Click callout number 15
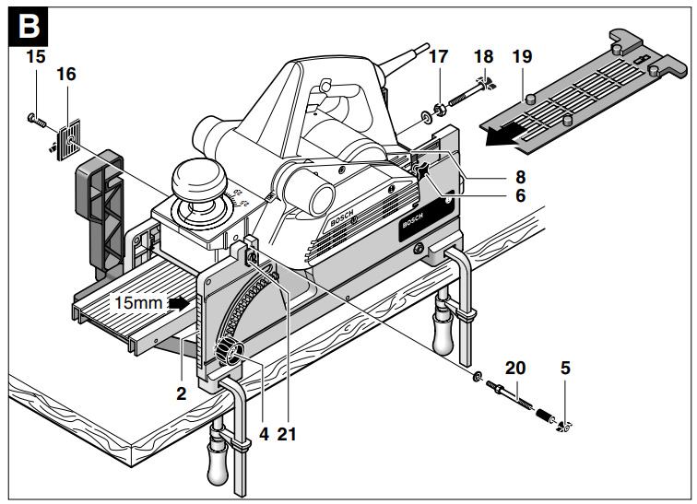pyautogui.click(x=36, y=57)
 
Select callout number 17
pyautogui.click(x=438, y=57)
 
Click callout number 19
pyautogui.click(x=523, y=57)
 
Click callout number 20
pyautogui.click(x=516, y=368)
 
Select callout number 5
pyautogui.click(x=565, y=368)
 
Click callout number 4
pyautogui.click(x=264, y=430)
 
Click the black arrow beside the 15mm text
pyautogui.click(x=189, y=301)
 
